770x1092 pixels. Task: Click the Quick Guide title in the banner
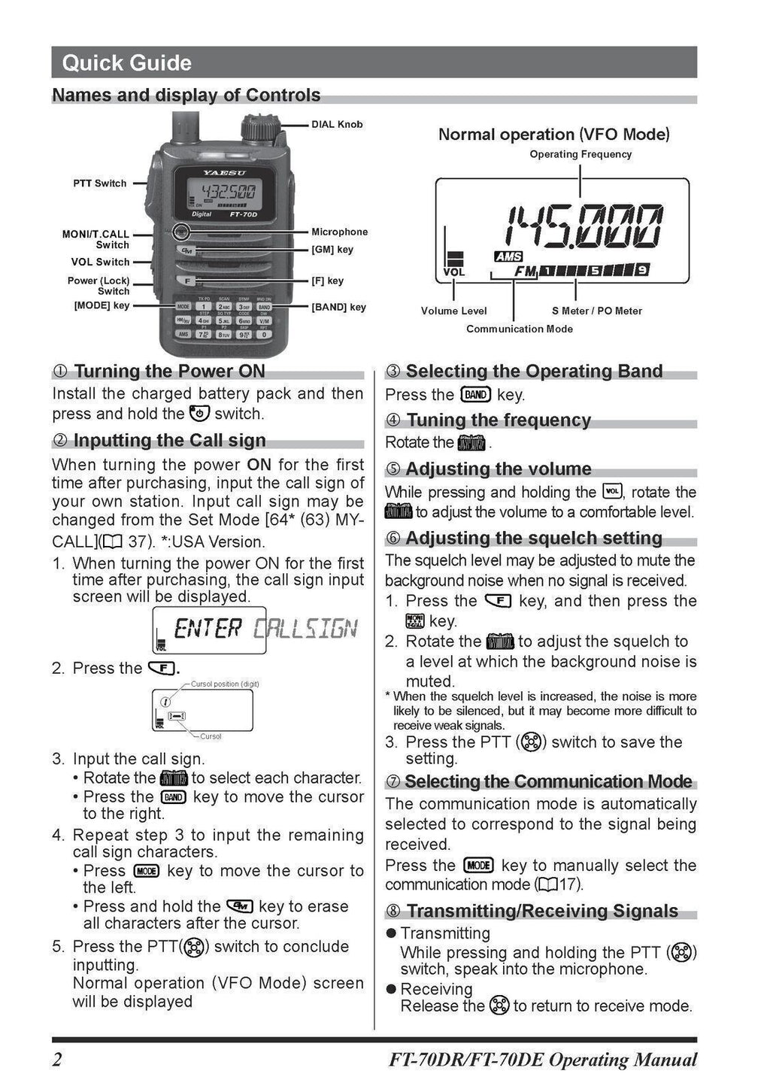tap(126, 62)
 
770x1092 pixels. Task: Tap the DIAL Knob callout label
tap(337, 124)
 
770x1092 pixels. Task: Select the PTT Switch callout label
tap(99, 183)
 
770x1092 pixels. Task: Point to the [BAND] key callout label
tap(338, 307)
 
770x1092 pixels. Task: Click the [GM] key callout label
tap(332, 250)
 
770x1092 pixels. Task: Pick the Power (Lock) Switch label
tap(99, 286)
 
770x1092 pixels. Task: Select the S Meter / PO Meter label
tap(596, 311)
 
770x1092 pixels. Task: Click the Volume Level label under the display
tap(453, 311)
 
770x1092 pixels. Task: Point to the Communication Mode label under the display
tap(519, 329)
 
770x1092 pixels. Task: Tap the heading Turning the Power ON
tap(169, 371)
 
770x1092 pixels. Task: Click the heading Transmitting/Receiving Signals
tap(541, 911)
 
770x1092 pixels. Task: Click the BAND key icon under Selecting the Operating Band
tap(476, 395)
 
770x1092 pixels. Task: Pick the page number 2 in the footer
tap(57, 1060)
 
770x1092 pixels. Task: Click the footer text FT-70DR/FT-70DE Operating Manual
tap(542, 1060)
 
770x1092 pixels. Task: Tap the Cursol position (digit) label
tap(225, 684)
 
